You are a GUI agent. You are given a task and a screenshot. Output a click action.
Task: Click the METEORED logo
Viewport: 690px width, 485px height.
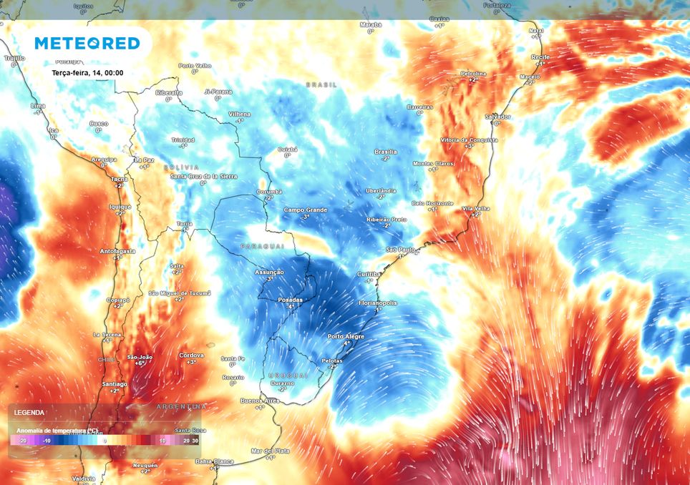coord(87,44)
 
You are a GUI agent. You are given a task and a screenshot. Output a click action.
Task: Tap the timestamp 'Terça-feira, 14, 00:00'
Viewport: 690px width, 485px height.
coord(88,72)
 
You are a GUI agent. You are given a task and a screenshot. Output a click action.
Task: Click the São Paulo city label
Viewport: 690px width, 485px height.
coord(401,249)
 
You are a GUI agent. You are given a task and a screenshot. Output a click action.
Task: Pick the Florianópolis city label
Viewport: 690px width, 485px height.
coord(378,303)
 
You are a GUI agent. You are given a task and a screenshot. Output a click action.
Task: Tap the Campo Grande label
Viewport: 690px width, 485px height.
coord(305,210)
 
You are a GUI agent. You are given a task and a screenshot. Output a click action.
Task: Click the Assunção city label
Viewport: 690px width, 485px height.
coord(270,273)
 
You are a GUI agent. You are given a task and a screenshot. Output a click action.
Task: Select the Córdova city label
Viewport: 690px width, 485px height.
coord(191,355)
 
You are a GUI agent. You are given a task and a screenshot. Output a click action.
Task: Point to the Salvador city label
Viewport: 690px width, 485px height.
coord(497,116)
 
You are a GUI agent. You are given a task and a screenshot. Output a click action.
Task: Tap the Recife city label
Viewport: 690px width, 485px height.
coord(540,57)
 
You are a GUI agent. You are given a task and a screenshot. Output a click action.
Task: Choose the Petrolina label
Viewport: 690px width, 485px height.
coord(473,74)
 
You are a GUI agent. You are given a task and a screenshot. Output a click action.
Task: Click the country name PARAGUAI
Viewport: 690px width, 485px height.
coord(262,246)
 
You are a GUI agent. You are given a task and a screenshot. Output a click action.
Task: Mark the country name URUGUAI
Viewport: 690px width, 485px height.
coord(288,375)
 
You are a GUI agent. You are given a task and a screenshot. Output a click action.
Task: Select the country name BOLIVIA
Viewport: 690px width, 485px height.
coord(181,167)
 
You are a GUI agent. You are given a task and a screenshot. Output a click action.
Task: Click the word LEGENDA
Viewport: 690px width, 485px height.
coord(29,413)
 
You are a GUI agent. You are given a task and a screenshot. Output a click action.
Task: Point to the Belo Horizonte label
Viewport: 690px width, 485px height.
coord(432,203)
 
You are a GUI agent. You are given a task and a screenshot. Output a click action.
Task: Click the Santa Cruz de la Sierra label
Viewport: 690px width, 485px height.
coord(204,176)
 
